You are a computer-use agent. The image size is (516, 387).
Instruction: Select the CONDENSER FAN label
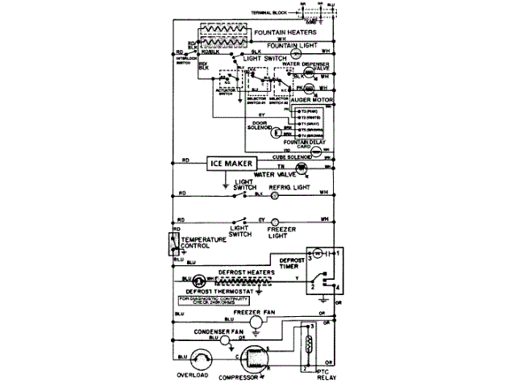[216, 331]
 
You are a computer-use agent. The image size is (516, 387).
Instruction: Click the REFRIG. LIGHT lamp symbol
[273, 194]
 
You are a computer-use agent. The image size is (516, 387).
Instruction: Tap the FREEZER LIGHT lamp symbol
[273, 220]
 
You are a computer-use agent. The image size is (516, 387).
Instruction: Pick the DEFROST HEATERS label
[239, 273]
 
